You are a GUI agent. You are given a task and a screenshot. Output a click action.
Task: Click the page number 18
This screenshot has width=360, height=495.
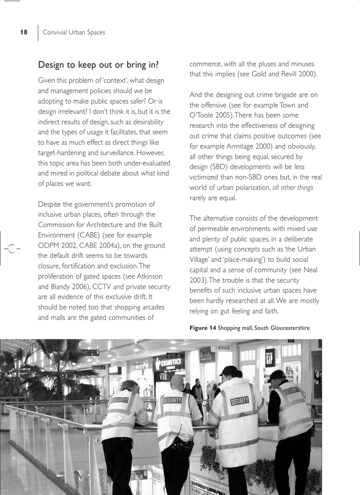[24, 32]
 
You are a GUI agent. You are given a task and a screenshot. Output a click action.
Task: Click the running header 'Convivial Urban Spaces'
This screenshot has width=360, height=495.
[74, 32]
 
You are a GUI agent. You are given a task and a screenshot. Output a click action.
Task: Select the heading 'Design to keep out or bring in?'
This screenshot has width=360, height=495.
[98, 65]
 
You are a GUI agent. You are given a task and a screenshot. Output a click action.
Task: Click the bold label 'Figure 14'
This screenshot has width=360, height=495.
[202, 328]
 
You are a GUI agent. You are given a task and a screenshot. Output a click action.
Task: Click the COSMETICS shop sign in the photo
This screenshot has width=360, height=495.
[170, 363]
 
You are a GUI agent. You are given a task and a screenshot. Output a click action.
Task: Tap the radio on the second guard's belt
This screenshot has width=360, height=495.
[177, 443]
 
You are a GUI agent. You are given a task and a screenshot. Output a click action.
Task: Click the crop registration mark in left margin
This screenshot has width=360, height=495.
[12, 249]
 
